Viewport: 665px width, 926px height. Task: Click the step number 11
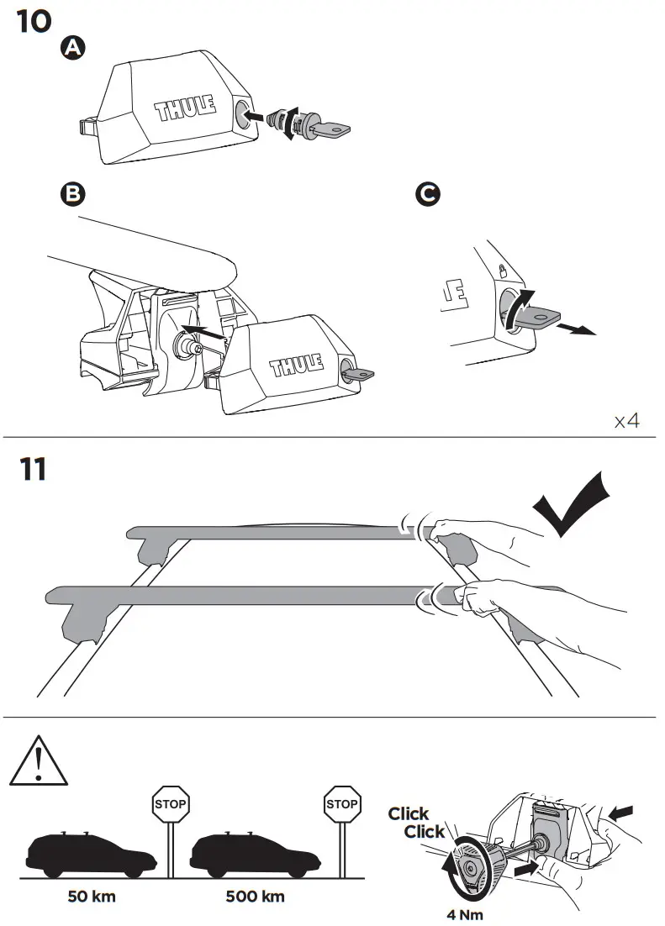click(x=33, y=469)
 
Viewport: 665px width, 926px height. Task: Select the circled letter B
click(x=74, y=194)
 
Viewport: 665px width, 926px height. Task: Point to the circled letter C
click(x=427, y=194)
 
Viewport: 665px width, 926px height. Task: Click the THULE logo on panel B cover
click(x=295, y=367)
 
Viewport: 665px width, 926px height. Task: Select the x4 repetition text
click(x=626, y=420)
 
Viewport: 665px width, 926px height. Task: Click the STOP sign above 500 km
click(x=342, y=803)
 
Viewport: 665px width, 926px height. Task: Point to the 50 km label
click(x=92, y=896)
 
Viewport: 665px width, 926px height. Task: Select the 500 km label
click(x=255, y=896)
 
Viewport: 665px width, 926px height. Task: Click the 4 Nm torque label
click(x=465, y=915)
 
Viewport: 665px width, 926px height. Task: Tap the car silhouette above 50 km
click(x=92, y=855)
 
